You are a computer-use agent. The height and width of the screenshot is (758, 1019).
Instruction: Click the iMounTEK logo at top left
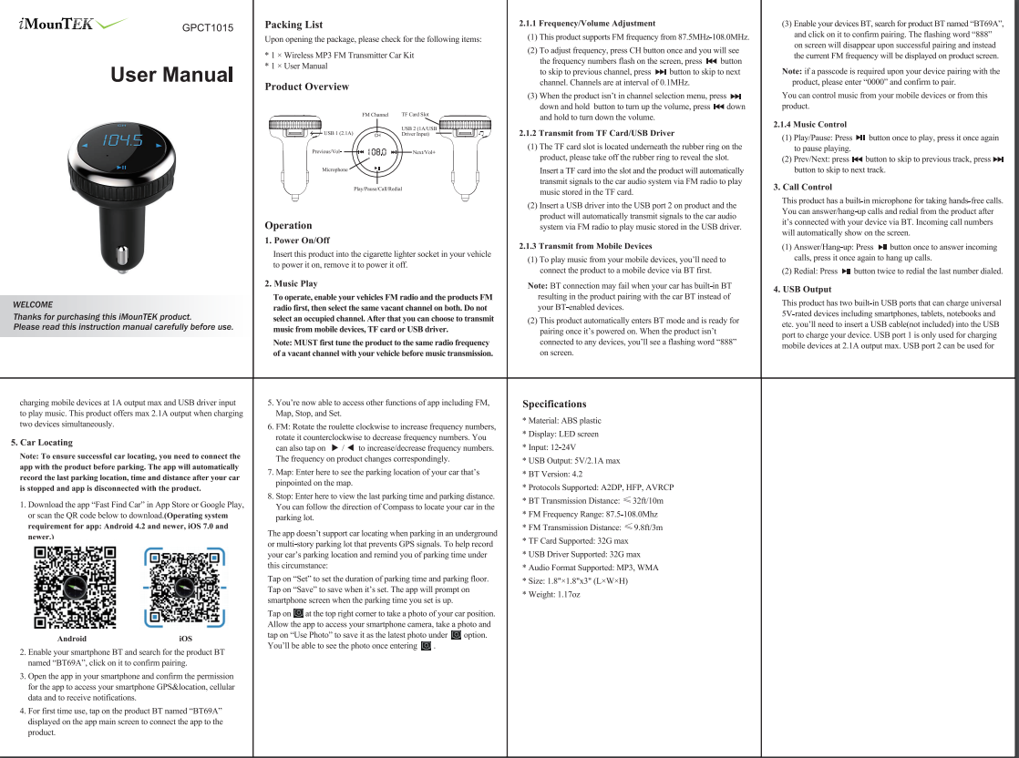pos(69,25)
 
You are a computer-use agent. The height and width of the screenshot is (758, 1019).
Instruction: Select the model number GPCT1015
pos(209,27)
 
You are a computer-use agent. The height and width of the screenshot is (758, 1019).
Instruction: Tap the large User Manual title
pos(172,75)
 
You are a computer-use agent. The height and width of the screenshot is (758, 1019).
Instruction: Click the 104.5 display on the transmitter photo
pos(121,141)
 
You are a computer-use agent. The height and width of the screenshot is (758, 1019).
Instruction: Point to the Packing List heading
pos(293,25)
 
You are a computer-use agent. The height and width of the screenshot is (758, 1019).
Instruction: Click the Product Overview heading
pos(306,87)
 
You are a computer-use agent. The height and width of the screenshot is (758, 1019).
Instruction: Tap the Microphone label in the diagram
pos(335,169)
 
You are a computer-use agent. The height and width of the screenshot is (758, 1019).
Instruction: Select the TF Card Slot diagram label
pos(415,115)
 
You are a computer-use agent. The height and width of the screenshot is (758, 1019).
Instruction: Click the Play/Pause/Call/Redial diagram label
pos(377,188)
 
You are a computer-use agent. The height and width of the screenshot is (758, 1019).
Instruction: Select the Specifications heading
pos(554,404)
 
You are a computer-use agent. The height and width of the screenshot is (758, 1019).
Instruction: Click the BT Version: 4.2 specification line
pos(552,474)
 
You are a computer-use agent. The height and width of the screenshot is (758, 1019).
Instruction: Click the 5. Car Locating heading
pos(42,442)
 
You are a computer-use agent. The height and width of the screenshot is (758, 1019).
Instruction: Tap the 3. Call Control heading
pos(802,187)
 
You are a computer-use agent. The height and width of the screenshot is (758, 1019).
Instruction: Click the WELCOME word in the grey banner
pos(33,304)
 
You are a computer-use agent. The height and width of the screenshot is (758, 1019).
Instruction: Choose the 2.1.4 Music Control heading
pos(809,124)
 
